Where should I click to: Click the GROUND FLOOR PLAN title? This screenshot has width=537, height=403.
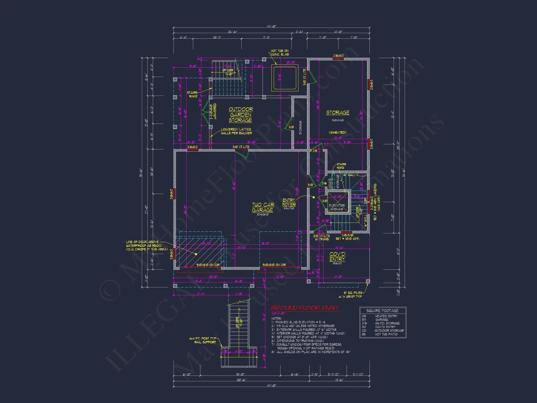click(x=304, y=308)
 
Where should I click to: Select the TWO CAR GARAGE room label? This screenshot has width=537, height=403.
click(x=263, y=207)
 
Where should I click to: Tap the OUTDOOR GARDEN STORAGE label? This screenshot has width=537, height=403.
click(x=241, y=115)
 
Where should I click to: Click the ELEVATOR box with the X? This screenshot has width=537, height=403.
click(x=338, y=203)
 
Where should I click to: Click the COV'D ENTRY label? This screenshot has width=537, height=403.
click(x=338, y=257)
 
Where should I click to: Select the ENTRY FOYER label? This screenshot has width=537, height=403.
click(x=289, y=202)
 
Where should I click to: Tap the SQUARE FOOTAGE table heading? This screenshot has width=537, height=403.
click(x=382, y=311)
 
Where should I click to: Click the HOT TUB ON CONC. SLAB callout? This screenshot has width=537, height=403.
click(x=280, y=52)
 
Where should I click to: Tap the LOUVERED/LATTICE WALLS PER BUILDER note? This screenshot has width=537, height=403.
click(x=236, y=131)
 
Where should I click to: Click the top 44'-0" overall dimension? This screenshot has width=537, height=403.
click(x=271, y=26)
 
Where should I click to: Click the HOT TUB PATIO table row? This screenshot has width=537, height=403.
click(x=383, y=334)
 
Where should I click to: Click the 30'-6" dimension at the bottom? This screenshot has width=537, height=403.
click(x=241, y=380)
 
